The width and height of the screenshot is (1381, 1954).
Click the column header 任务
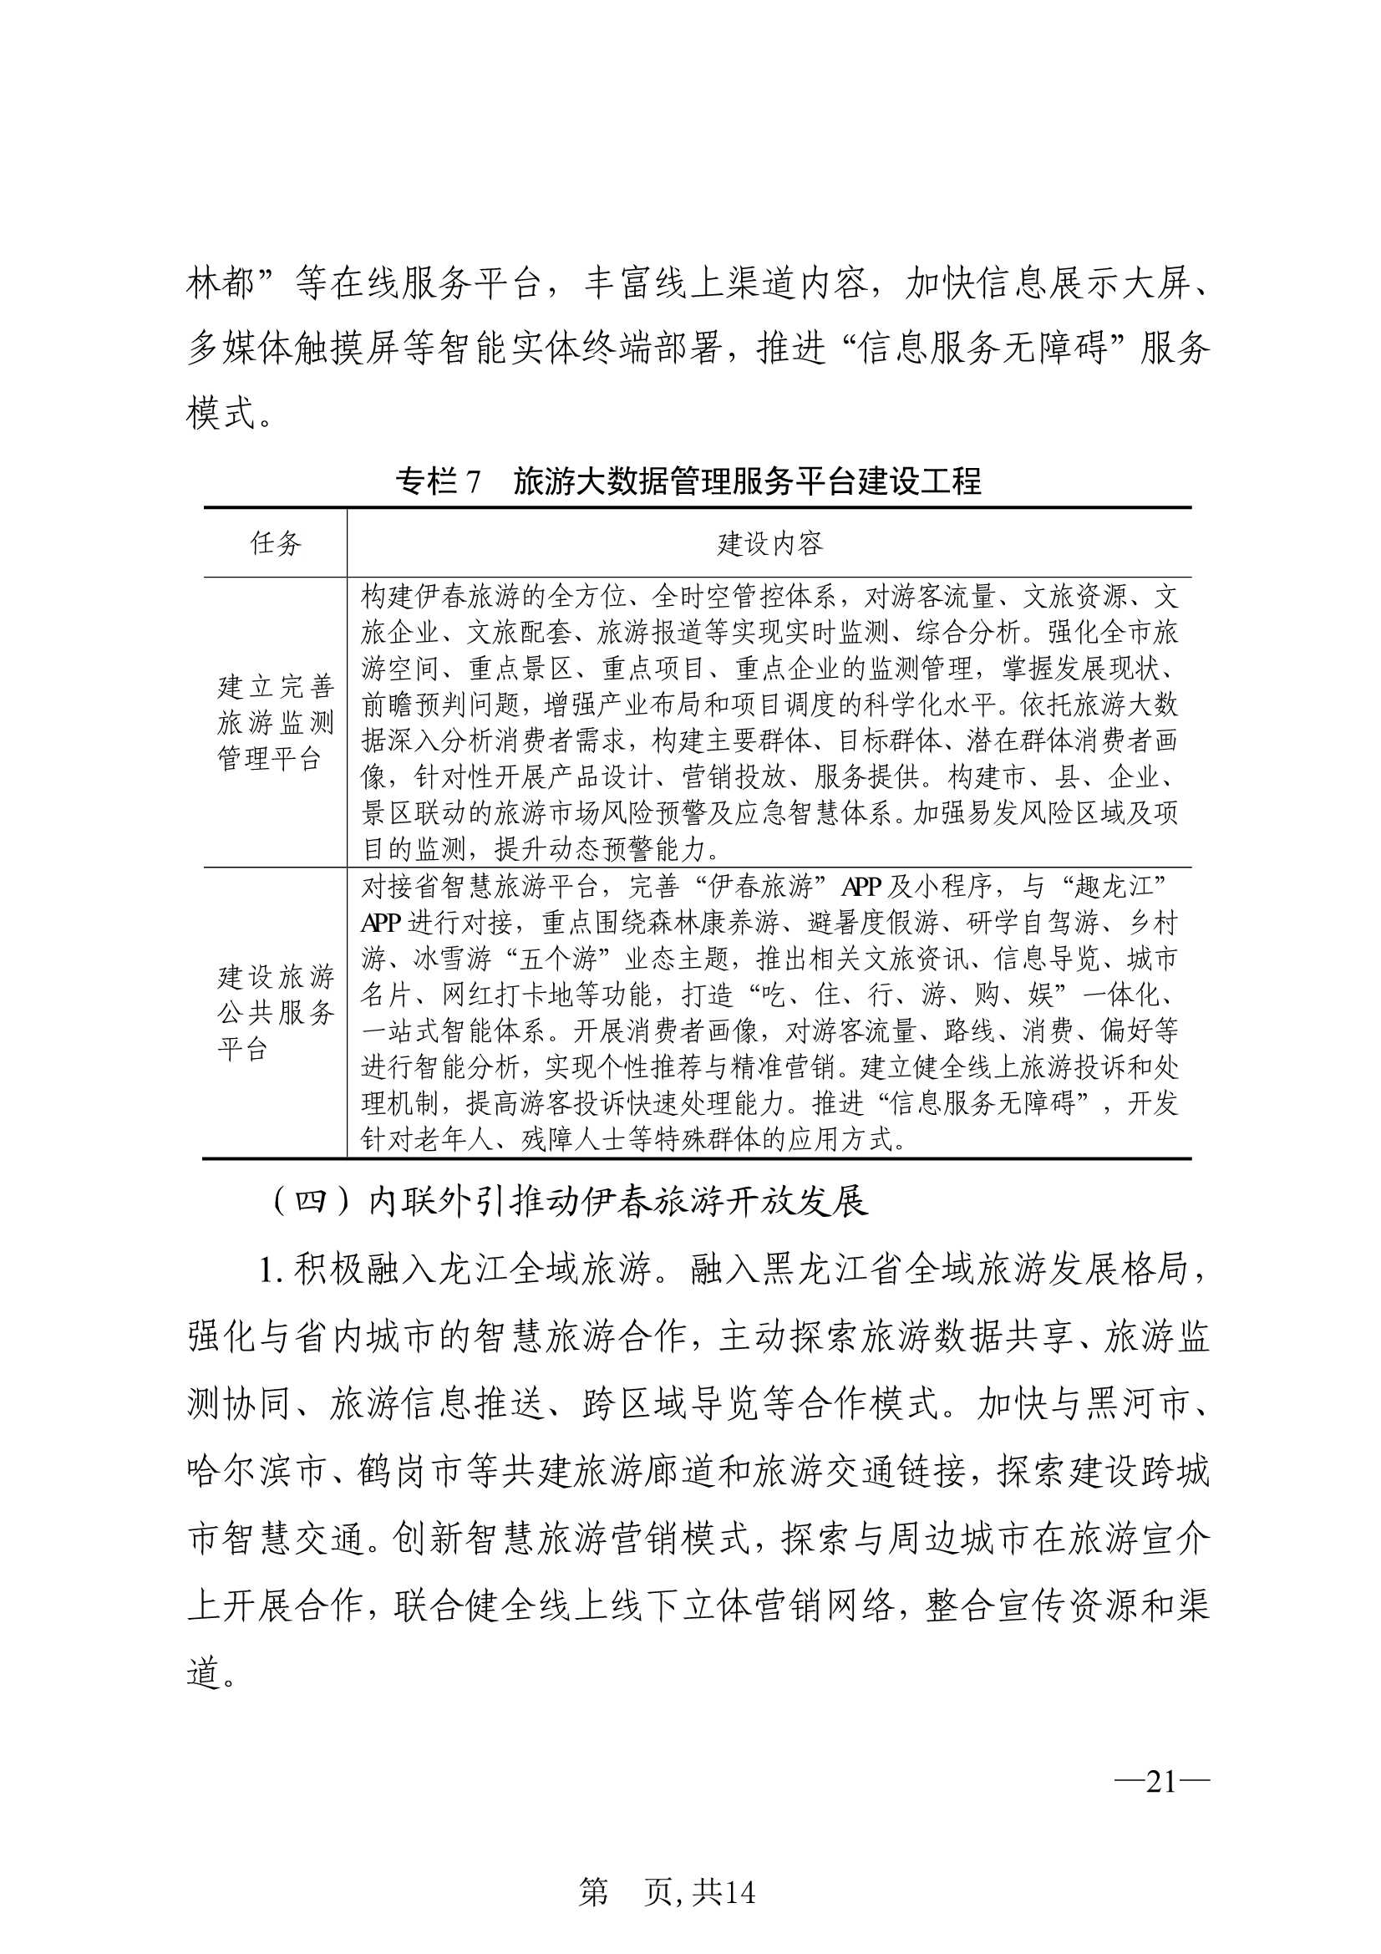pyautogui.click(x=275, y=543)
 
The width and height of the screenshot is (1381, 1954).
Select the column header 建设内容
pyautogui.click(x=769, y=543)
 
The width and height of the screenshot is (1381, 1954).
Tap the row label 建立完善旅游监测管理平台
pyautogui.click(x=275, y=722)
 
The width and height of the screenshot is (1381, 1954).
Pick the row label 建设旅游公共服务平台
pyautogui.click(x=275, y=1013)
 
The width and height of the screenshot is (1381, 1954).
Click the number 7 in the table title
pyautogui.click(x=473, y=481)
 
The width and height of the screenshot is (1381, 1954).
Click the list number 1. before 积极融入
pyautogui.click(x=271, y=1270)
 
